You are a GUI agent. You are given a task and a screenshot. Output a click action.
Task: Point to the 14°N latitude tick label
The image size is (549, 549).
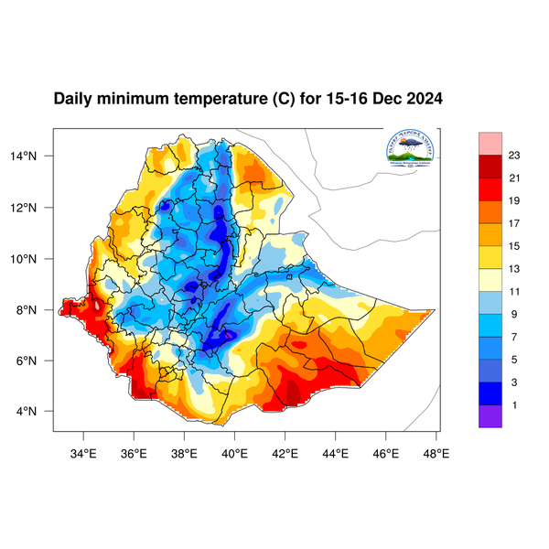tap(35, 156)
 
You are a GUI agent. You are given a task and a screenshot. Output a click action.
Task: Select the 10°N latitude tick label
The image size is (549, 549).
tap(35, 258)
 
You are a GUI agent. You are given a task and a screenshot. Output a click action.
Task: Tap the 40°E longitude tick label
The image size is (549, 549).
tap(234, 452)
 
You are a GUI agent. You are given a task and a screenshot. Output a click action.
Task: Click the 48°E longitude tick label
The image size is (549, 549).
tap(436, 452)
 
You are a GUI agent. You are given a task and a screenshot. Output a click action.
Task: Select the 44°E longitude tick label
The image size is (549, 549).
tap(335, 452)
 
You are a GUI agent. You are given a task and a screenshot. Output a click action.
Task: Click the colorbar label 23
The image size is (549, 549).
tap(513, 155)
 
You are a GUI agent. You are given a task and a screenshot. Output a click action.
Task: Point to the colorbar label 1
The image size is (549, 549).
tap(513, 404)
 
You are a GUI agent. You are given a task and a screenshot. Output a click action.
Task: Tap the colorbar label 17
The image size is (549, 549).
tap(513, 222)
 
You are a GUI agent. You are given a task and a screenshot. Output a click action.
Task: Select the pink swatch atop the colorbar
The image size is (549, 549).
tap(491, 143)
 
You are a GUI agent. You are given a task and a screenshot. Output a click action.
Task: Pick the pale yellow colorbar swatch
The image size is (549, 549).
tap(491, 279)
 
